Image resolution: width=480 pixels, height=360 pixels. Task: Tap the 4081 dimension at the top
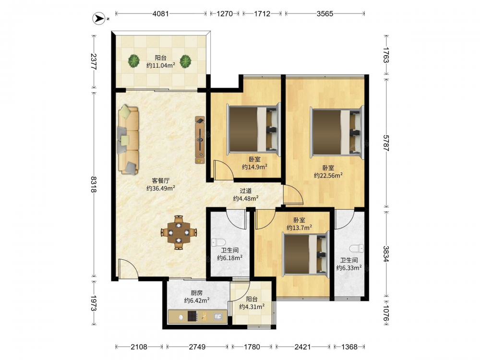pos(161,13)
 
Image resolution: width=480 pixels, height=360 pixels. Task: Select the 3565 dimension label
pos(325,13)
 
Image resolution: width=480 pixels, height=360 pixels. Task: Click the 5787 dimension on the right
pos(386,143)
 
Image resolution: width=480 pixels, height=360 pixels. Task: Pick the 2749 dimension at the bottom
pos(197,347)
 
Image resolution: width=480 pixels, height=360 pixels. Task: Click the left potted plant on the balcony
pos(134,61)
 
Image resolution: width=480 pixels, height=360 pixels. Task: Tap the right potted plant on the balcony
pos(185,61)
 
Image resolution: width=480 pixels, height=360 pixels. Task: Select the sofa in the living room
pos(128,140)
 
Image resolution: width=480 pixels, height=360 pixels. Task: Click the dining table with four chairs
pos(179,233)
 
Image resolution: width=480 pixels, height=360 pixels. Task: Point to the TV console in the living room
pos(200,140)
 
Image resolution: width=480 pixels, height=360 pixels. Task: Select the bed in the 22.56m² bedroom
pos(337,132)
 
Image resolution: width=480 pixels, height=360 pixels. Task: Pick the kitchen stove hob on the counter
pos(192,316)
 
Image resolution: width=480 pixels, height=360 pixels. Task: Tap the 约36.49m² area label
pos(161,188)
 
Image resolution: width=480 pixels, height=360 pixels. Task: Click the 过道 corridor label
pos(245,191)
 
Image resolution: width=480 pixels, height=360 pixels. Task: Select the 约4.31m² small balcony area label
pos(252,306)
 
